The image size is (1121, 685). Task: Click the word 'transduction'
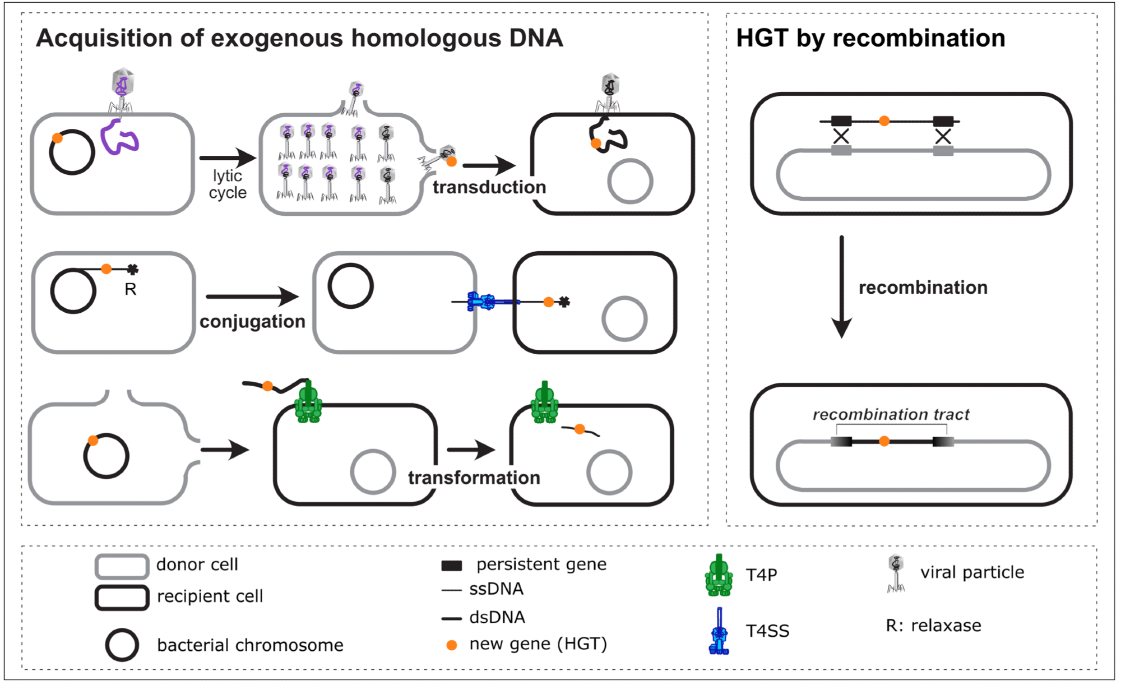489,187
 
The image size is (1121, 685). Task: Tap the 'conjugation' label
252,322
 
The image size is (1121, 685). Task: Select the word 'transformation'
474,478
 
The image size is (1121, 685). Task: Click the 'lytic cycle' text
228,184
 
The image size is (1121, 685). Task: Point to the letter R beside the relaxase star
130,290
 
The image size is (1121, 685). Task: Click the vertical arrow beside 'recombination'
841,286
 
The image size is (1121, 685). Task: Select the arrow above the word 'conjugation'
252,297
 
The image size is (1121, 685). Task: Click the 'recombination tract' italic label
891,415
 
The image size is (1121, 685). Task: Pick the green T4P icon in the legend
719,575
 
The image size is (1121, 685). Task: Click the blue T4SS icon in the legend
719,632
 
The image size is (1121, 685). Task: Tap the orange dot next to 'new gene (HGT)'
451,645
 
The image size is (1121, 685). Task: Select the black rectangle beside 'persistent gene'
452,566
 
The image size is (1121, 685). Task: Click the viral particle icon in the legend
896,573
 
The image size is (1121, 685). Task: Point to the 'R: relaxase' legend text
933,626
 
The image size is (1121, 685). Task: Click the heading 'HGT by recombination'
870,38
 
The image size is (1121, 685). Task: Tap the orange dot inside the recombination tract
884,442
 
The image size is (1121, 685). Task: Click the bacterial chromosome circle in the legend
122,645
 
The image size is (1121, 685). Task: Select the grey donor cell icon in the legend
122,566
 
